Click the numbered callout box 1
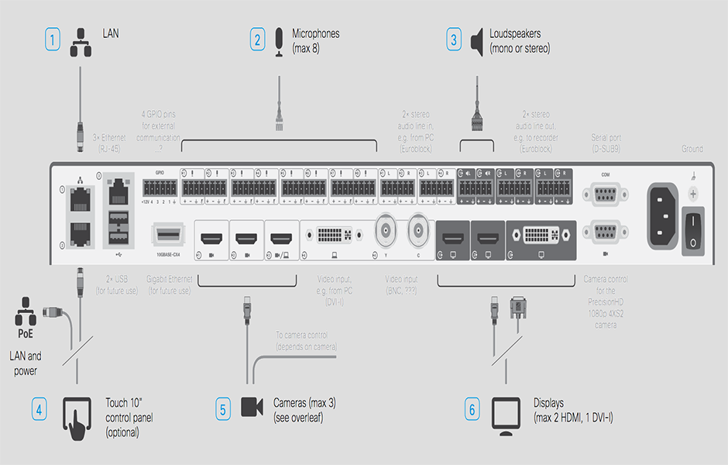pyautogui.click(x=52, y=39)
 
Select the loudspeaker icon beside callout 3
pyautogui.click(x=476, y=40)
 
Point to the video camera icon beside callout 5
pyautogui.click(x=251, y=408)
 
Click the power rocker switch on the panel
pyautogui.click(x=692, y=230)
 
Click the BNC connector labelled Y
pyautogui.click(x=386, y=229)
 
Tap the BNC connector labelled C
pyautogui.click(x=419, y=229)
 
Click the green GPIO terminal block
pyautogui.click(x=159, y=188)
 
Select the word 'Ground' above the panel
pyautogui.click(x=692, y=149)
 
